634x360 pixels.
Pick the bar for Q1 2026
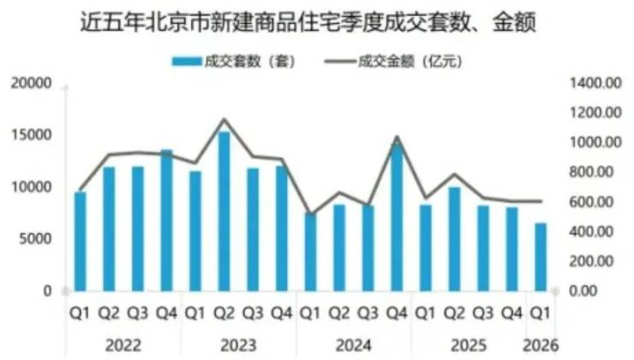pyautogui.click(x=540, y=257)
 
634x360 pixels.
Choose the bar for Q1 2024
pyautogui.click(x=310, y=252)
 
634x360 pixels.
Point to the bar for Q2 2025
pyautogui.click(x=453, y=239)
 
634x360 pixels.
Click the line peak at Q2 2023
pyautogui.click(x=224, y=120)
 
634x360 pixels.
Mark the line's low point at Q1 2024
pyautogui.click(x=310, y=213)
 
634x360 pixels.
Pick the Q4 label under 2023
pyautogui.click(x=281, y=315)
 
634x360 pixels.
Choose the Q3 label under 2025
pyautogui.click(x=482, y=315)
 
